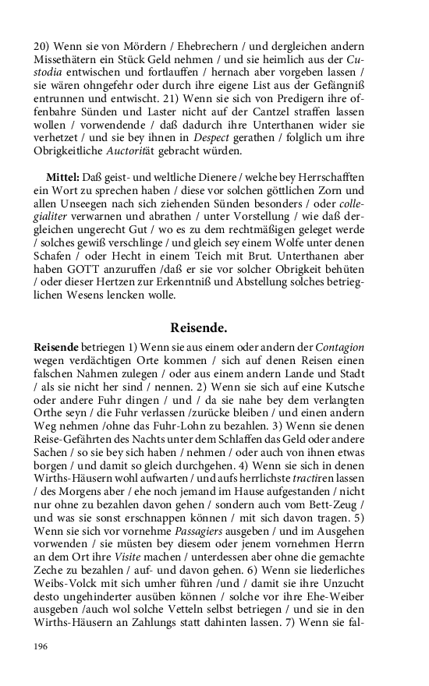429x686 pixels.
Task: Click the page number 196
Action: pos(41,646)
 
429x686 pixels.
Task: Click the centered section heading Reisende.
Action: pos(198,327)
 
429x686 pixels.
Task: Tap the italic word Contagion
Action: pos(339,346)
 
